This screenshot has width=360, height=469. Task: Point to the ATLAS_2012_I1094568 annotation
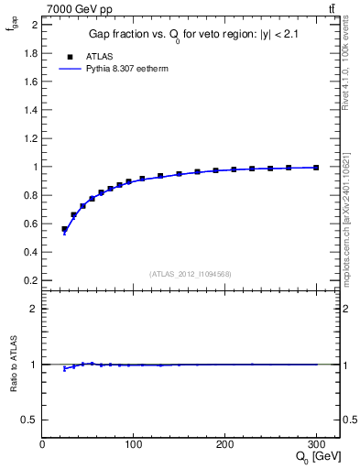coord(191,273)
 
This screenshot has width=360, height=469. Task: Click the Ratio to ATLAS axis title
coord(14,364)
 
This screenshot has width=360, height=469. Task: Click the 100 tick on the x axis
coord(134,443)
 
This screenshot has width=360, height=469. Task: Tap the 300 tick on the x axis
coord(316,443)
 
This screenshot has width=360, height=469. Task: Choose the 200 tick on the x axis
coord(225,443)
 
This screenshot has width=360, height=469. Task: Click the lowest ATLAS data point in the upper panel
coord(65,229)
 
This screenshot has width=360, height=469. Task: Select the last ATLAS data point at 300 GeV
coord(316,168)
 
